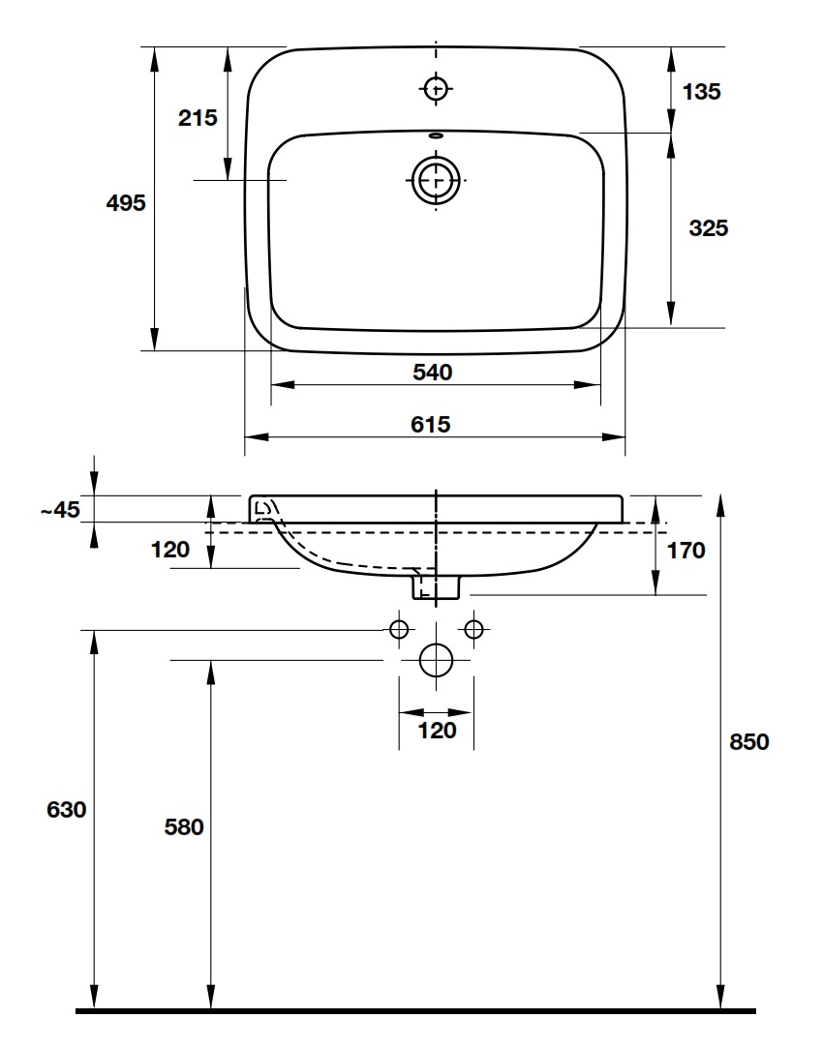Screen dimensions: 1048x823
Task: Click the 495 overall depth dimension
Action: coord(126,203)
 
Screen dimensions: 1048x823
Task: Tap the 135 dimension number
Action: coord(702,92)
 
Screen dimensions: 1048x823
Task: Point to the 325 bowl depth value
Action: coord(708,228)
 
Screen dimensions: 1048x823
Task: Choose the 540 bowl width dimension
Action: coord(433,372)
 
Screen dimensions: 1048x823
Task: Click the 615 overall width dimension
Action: coord(433,424)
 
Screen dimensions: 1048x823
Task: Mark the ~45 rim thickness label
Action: coord(60,510)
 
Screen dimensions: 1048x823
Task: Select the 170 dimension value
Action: coord(686,551)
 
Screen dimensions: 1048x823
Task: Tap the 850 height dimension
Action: coord(748,742)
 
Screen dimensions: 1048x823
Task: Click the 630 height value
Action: coord(67,810)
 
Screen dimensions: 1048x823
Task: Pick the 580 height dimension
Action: coord(183,827)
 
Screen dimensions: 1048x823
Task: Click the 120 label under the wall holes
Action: coord(437,731)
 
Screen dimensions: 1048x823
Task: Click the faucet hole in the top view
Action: coord(437,88)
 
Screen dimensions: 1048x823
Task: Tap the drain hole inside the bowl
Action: coord(436,180)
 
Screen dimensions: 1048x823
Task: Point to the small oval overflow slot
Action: coord(437,136)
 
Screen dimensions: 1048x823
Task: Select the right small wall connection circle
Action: coord(473,629)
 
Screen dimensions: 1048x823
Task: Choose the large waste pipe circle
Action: coord(437,661)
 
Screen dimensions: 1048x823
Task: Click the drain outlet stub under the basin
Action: coord(437,586)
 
